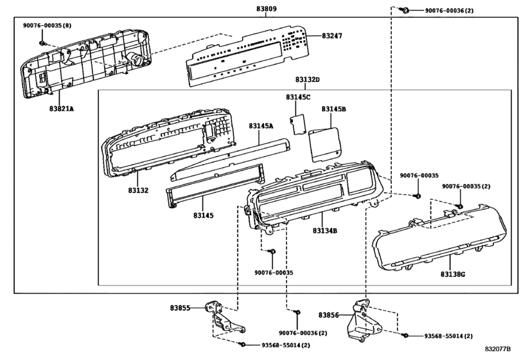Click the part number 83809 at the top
pos(266,8)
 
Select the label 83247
pos(332,35)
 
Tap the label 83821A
pos(62,109)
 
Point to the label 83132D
pos(308,80)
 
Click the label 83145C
pos(298,97)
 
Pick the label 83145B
pos(333,109)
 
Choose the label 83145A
pos(261,125)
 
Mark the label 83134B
pos(325,230)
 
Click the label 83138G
pos(453,274)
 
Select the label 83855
pos(180,308)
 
